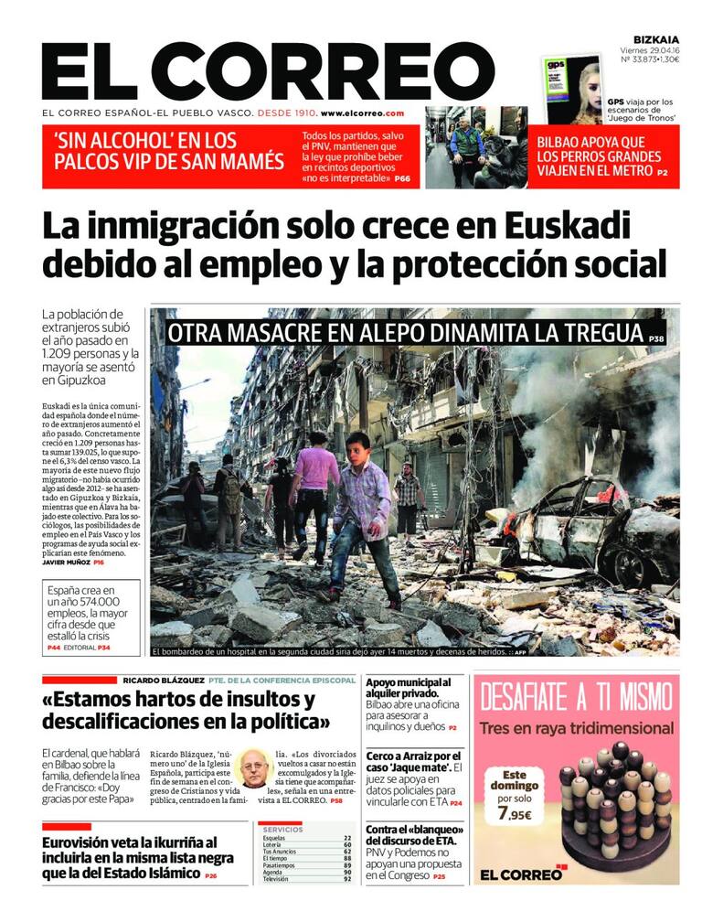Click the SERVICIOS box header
284,830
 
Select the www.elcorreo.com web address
364,113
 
